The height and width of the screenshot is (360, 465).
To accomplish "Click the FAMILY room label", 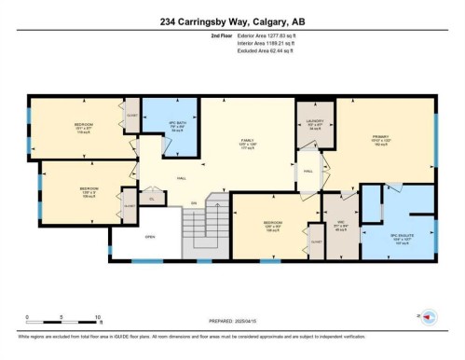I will click(247, 141).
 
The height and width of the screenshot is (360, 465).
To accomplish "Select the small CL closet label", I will click(153, 199).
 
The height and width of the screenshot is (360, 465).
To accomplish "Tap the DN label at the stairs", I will click(194, 202).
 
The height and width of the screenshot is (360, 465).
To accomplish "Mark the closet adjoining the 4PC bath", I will click(131, 117).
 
